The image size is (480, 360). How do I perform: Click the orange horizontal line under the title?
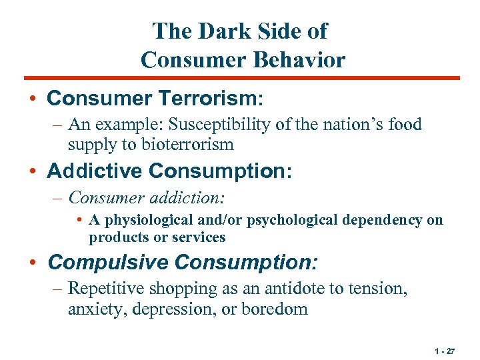tap(240, 78)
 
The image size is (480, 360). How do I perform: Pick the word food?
tap(402, 125)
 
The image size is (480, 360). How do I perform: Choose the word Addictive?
tap(95, 171)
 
